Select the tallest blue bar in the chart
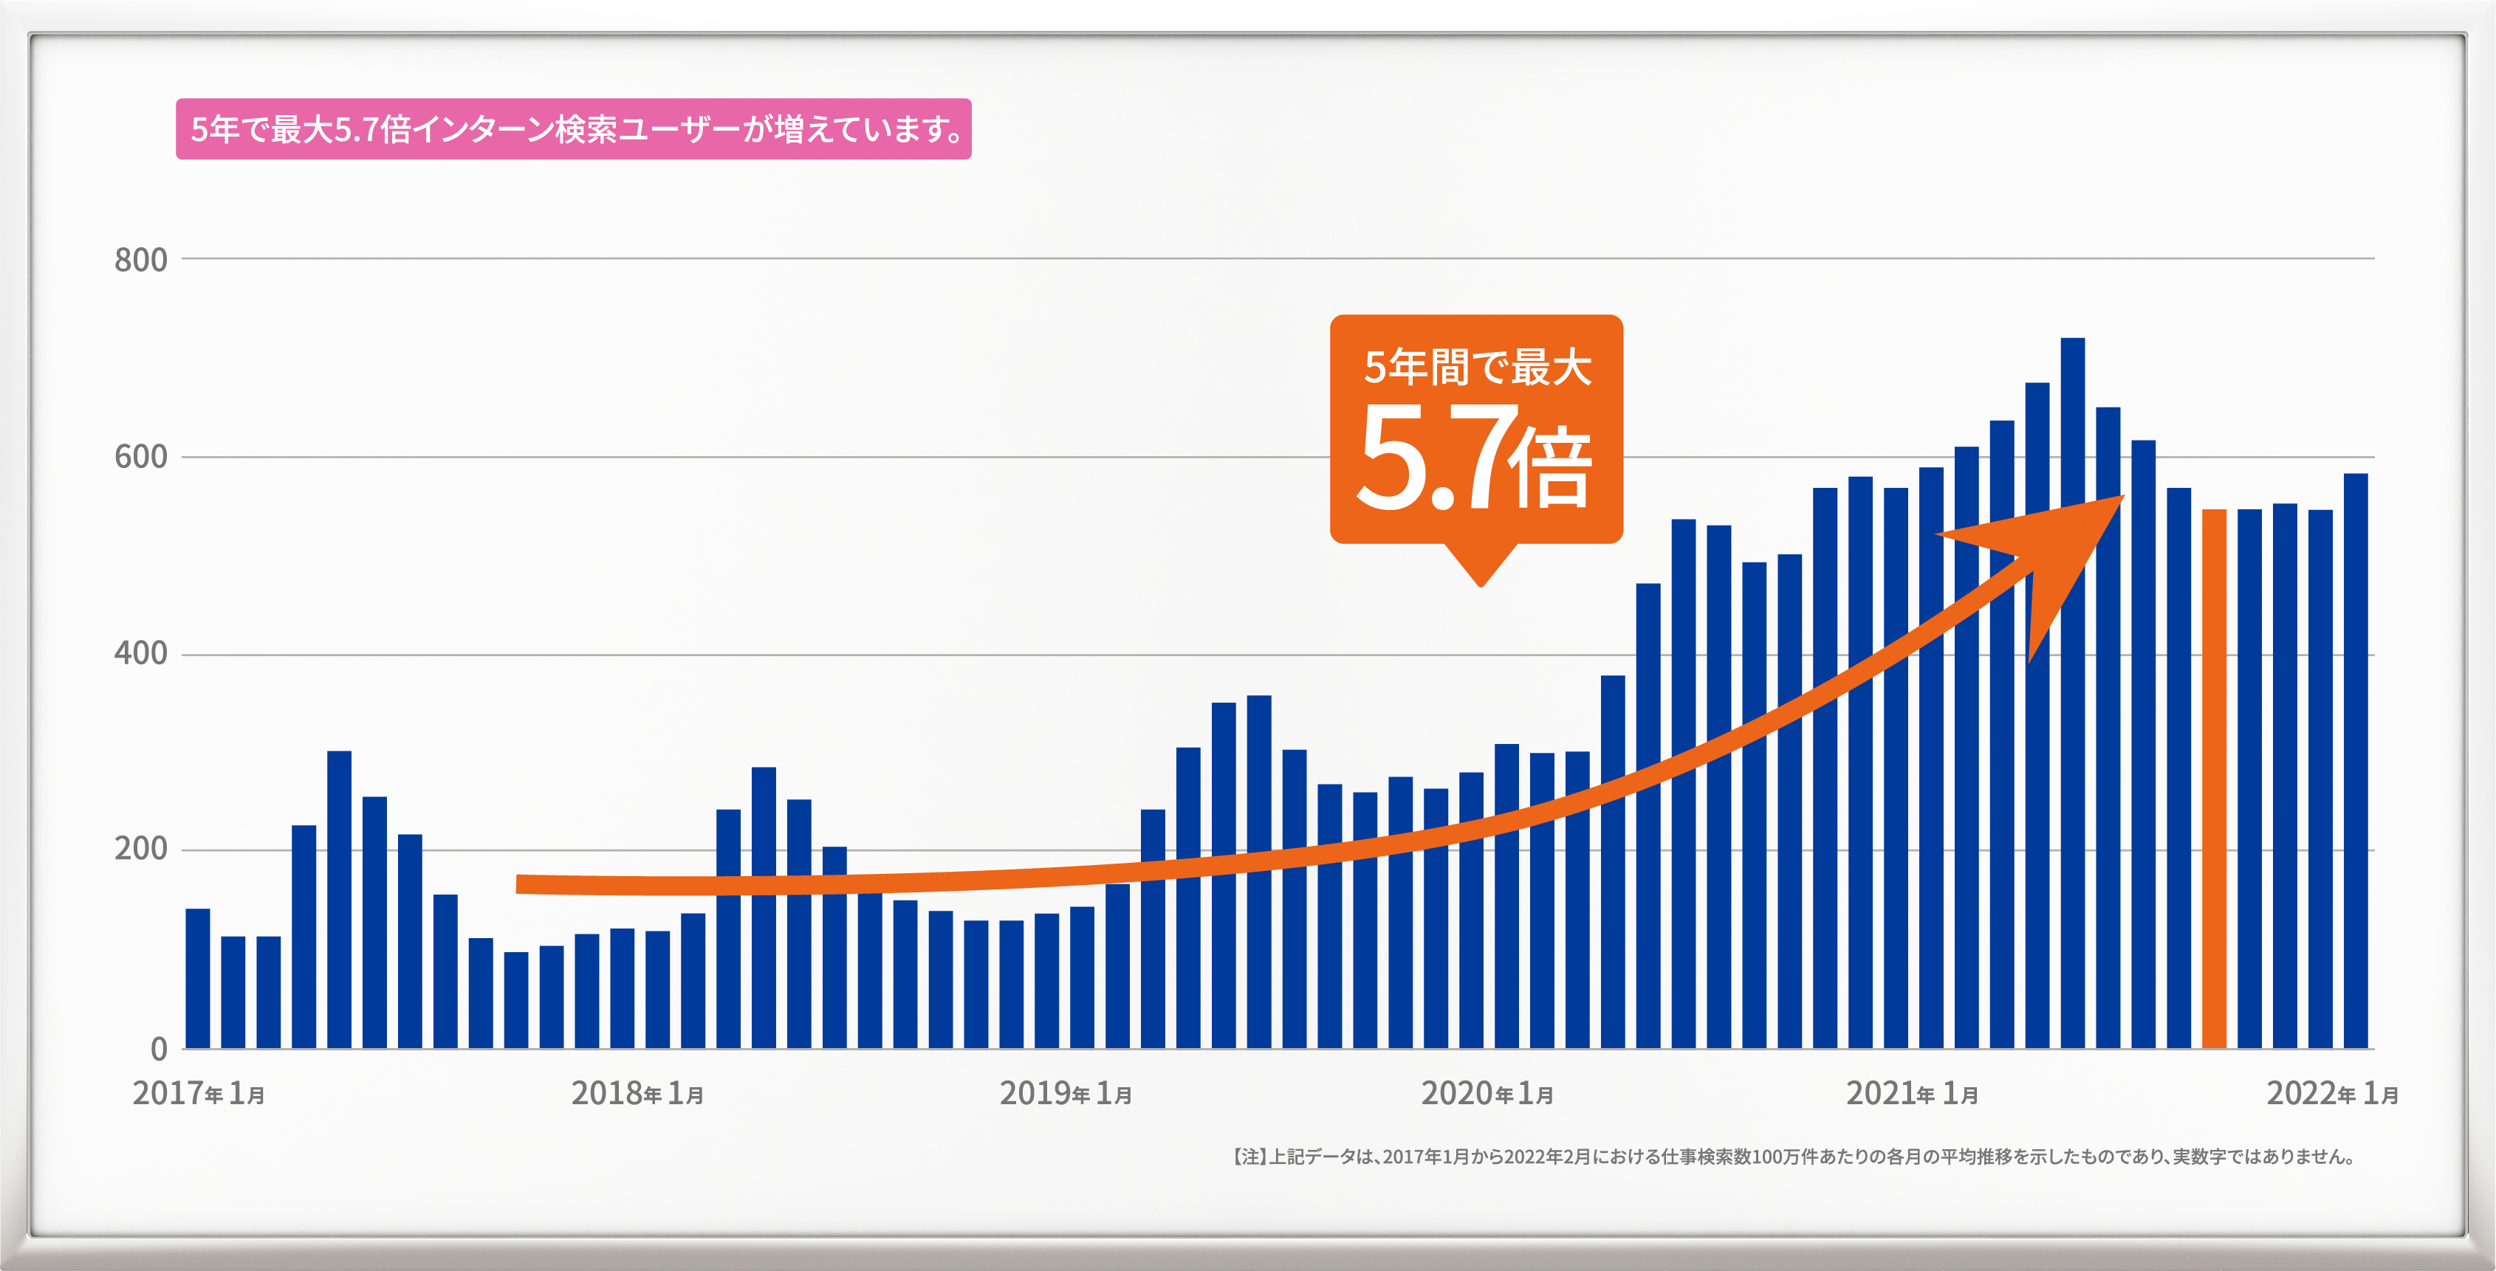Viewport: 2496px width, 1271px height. [2073, 692]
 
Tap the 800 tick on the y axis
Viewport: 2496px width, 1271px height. [140, 260]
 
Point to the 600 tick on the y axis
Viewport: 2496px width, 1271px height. [140, 456]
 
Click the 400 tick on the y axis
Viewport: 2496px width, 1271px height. [140, 653]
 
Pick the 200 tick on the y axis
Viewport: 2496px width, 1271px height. [140, 849]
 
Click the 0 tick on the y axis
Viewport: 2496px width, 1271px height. [159, 1048]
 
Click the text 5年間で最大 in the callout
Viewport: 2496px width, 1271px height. [1477, 367]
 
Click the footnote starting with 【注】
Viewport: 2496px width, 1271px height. [1792, 1157]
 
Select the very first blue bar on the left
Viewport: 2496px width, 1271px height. [198, 979]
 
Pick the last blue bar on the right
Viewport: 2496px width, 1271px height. [2356, 760]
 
